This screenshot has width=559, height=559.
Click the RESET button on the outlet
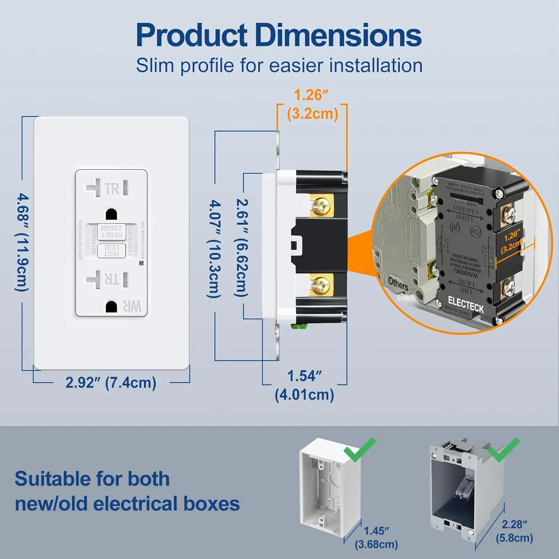pos(111,231)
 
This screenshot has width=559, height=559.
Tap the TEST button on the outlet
pos(111,250)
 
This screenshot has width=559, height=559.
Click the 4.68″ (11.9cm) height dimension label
pos(22,242)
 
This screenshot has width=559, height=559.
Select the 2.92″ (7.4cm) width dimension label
pos(111,383)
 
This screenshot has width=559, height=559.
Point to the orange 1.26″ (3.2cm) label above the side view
pos(312,105)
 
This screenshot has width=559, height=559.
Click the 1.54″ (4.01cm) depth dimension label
pos(304,385)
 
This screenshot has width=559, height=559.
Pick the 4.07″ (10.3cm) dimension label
pos(215,249)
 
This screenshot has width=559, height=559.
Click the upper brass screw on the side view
pos(321,206)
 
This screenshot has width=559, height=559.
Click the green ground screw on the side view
pos(299,327)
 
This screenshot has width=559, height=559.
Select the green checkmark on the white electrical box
pos(359,449)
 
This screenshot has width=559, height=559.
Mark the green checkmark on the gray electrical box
pos(503,449)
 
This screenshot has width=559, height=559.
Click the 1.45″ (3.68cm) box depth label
pos(376,537)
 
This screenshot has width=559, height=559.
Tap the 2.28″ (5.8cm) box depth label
pos(514,531)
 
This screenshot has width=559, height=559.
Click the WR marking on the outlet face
pos(132,306)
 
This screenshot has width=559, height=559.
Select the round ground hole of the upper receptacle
pos(111,214)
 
